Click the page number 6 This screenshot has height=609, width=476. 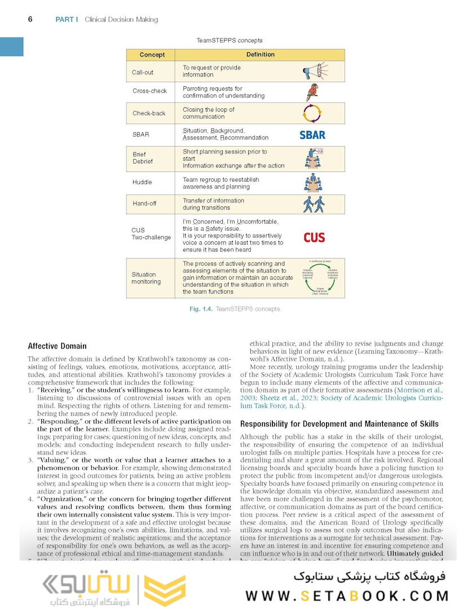point(30,19)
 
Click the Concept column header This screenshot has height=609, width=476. point(152,55)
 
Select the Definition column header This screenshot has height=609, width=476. point(261,55)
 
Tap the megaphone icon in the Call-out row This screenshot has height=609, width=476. point(314,71)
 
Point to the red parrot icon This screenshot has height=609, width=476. point(312,92)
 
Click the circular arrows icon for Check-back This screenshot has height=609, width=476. point(312,113)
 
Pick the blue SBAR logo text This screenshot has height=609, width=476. point(312,135)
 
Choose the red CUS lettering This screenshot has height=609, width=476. point(314,237)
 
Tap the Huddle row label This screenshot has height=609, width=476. point(142,182)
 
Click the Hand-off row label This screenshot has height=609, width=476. point(144,204)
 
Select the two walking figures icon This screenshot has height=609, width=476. point(313,203)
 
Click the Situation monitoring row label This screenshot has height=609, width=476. point(146,278)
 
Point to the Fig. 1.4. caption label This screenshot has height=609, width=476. point(200,309)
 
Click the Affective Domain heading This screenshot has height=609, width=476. point(57,346)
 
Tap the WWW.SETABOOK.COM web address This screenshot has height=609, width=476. point(347,595)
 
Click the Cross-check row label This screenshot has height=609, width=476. point(149,91)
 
